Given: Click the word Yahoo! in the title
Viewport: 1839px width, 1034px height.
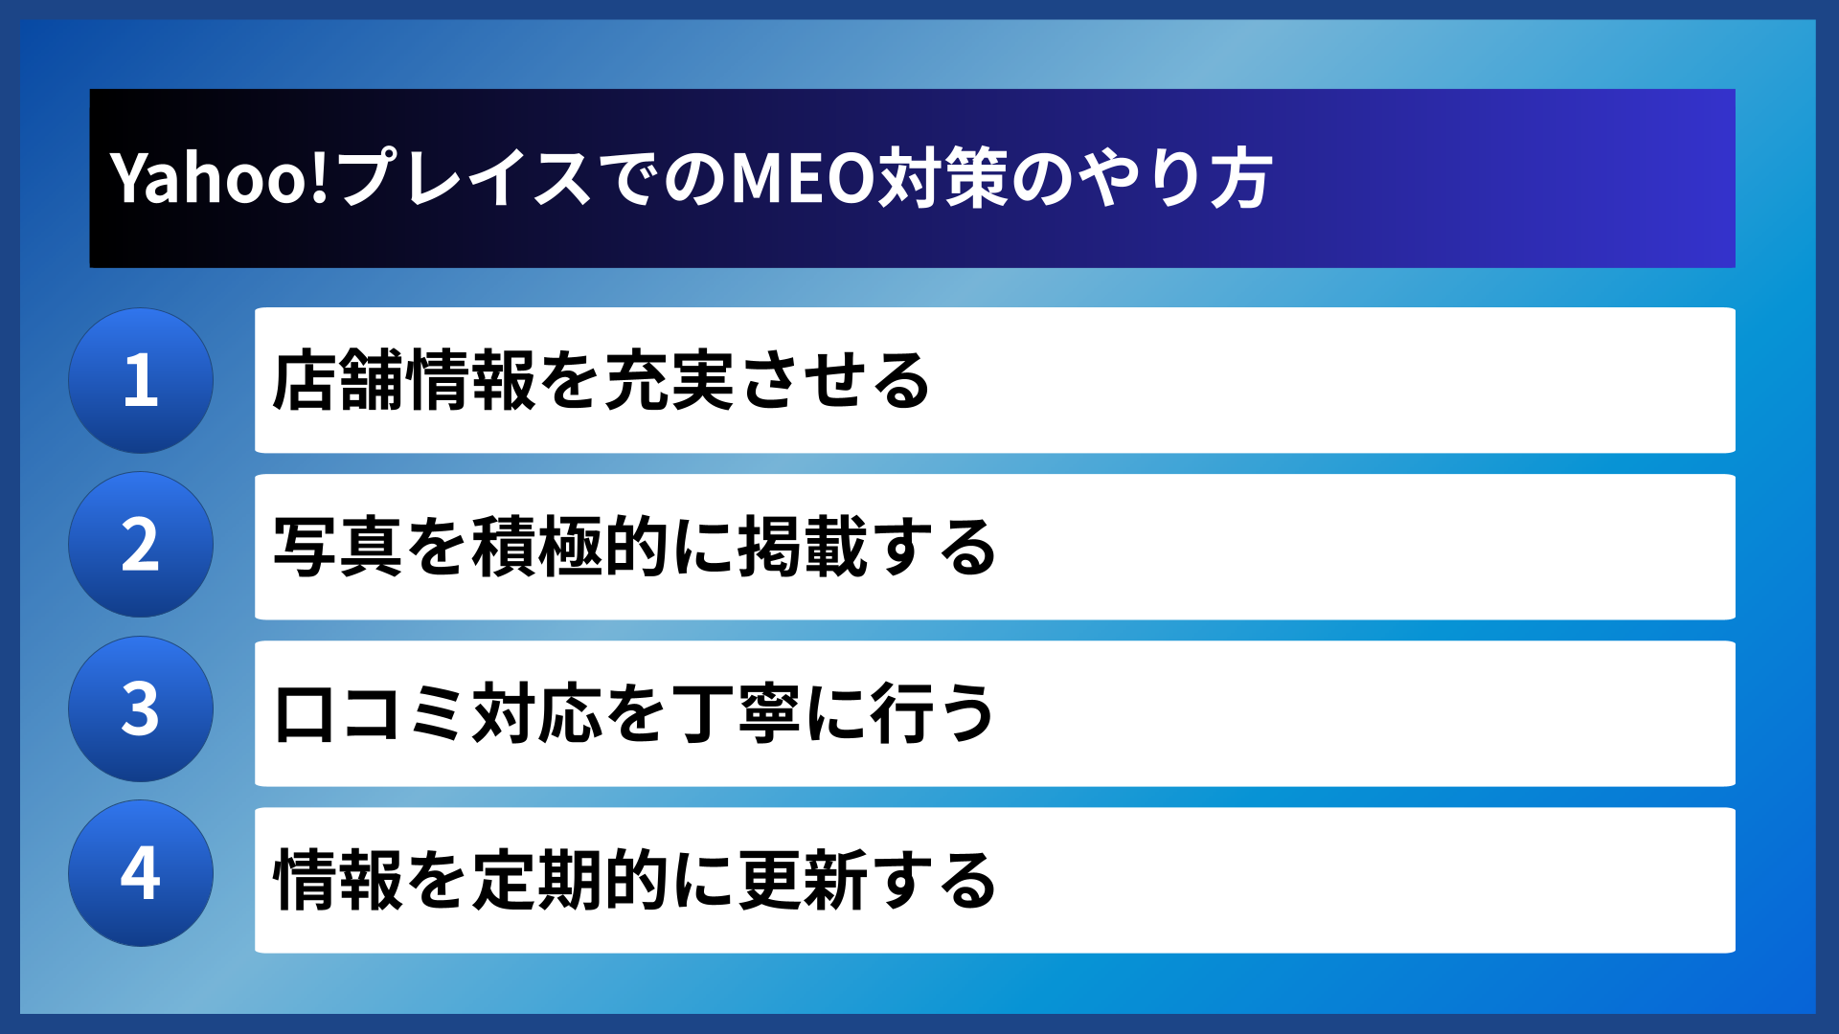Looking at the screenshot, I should point(219,179).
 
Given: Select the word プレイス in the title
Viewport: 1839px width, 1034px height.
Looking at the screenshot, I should point(464,179).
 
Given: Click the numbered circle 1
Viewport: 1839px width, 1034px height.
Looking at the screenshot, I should point(141,380).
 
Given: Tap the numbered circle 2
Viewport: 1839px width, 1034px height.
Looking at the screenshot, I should point(141,545).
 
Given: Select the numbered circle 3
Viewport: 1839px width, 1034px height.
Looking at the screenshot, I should point(141,709).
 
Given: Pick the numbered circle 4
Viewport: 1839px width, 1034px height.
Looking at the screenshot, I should point(141,873).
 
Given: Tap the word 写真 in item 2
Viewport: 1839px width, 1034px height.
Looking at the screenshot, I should point(338,547).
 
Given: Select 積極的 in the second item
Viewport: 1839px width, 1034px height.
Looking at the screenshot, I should point(571,547).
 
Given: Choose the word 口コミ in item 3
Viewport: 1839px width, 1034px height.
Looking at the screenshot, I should point(370,713).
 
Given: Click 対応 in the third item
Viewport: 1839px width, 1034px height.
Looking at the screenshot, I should point(537,713).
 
